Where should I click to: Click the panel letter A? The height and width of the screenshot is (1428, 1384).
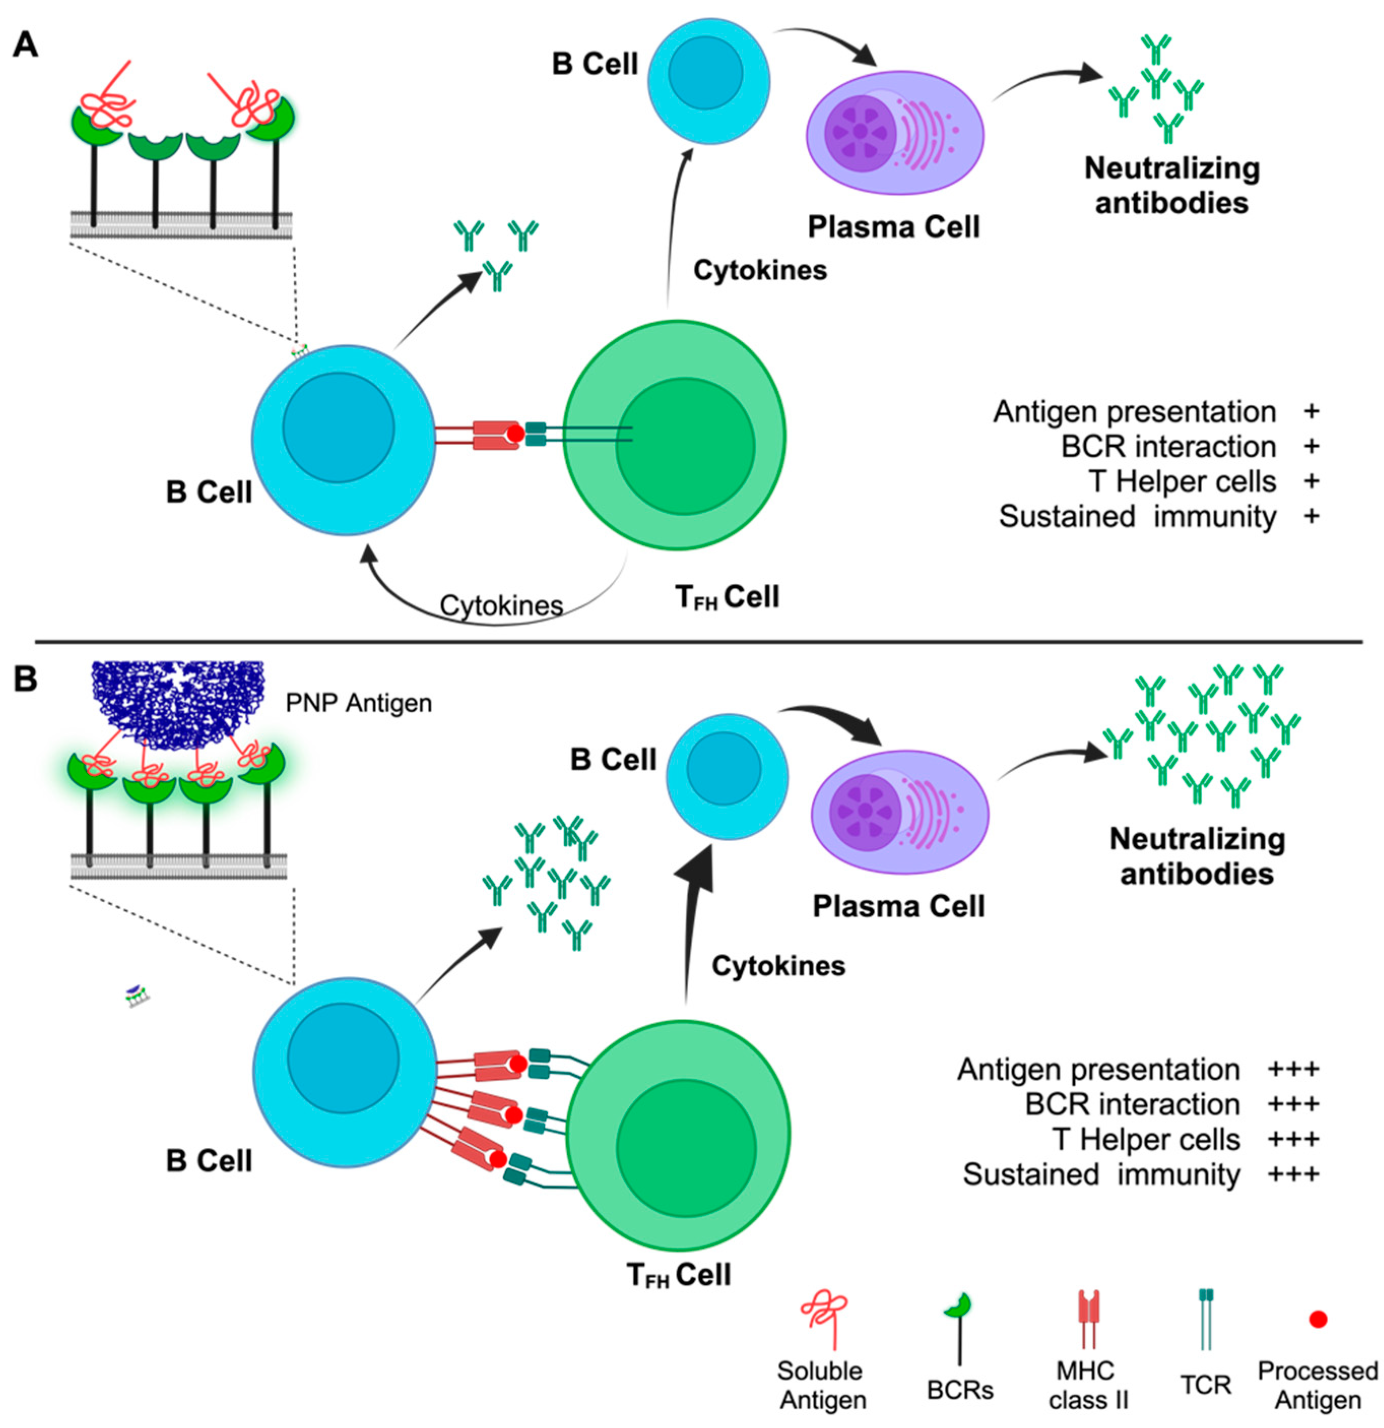coord(25,45)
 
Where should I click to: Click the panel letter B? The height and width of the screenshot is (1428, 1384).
coord(25,679)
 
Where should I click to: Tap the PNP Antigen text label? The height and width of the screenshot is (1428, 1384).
coord(358,703)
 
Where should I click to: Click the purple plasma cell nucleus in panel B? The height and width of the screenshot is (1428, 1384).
coord(865,811)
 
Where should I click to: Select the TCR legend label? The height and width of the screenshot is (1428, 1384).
coord(1205,1384)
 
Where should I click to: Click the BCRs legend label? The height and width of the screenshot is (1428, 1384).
coord(960,1389)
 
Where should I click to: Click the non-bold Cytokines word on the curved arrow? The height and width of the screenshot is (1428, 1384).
coord(502,606)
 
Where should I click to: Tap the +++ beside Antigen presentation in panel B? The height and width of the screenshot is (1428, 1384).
coord(1294,1069)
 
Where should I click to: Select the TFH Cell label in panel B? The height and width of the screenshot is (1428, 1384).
coord(678,1275)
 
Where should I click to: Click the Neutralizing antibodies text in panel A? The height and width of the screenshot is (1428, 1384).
coord(1171,185)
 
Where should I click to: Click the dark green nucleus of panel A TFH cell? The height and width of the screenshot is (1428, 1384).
coord(685,446)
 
